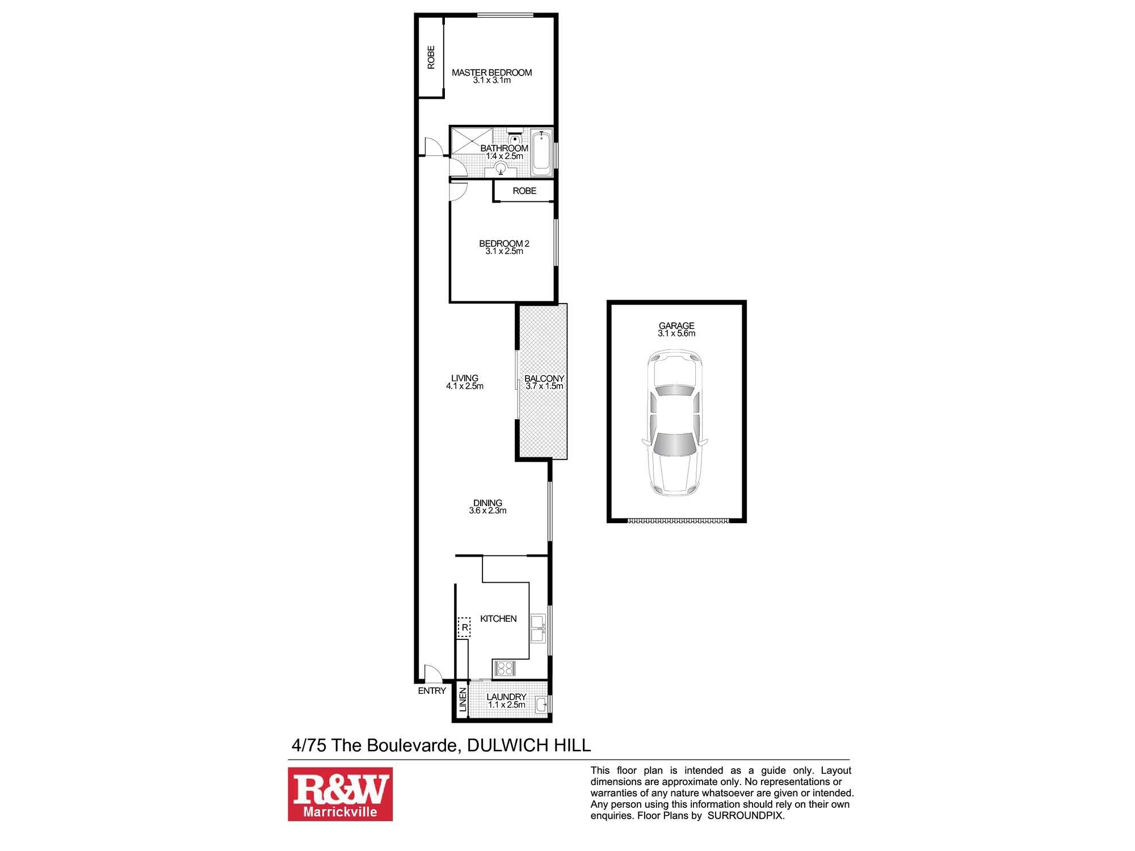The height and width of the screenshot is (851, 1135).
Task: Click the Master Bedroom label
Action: (x=491, y=73)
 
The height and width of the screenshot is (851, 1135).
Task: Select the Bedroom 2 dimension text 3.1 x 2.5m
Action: (x=504, y=251)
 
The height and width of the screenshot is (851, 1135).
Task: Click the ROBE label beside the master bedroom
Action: (x=431, y=57)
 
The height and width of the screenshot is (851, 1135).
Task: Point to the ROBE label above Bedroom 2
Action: (x=524, y=191)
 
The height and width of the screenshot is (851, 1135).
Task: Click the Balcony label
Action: (x=544, y=378)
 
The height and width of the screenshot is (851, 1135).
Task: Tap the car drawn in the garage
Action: (x=675, y=423)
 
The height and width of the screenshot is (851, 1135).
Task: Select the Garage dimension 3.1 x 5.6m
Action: (x=676, y=334)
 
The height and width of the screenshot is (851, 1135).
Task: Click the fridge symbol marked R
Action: (x=464, y=627)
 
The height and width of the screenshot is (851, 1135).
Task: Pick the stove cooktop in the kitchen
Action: (x=504, y=668)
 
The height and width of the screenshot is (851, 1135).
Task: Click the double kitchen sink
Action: (x=538, y=628)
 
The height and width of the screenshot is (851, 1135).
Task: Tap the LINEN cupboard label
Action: (x=463, y=700)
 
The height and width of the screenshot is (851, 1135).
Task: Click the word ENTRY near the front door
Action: (x=432, y=691)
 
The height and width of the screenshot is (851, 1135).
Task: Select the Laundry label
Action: (x=506, y=697)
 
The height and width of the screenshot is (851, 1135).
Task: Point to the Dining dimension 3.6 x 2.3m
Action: (x=487, y=511)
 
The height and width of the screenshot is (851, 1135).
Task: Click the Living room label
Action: (x=464, y=378)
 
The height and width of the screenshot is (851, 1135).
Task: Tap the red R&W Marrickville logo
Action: (x=340, y=794)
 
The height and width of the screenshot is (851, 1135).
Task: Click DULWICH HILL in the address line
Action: (x=528, y=745)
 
